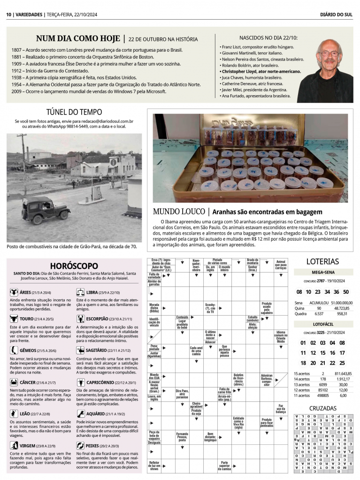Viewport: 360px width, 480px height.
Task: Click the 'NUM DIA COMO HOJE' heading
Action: pos(78,38)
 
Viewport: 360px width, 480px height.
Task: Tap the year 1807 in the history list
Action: pos(17,50)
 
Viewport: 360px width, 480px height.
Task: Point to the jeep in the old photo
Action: pos(45,210)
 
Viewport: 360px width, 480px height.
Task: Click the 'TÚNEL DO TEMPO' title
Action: pos(74,112)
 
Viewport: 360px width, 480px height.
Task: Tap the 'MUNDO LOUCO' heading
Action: pos(179,212)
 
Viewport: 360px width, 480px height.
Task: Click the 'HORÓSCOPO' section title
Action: pos(74,266)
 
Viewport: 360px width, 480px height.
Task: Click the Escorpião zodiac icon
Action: pos(80,319)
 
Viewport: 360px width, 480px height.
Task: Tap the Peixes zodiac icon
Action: pos(80,445)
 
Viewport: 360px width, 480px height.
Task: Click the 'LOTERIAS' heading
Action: pos(322,261)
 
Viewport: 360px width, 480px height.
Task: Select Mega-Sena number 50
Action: pos(346,291)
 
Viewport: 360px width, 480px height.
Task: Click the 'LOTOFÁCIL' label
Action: pos(322,324)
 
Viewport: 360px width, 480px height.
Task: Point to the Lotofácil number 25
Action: pos(342,363)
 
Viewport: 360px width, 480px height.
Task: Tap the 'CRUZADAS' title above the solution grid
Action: pos(322,408)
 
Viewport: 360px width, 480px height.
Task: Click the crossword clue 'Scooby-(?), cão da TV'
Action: pos(211,307)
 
